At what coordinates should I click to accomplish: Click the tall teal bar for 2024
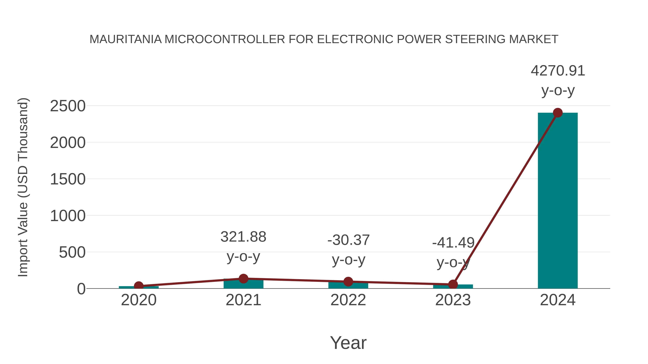tap(557, 201)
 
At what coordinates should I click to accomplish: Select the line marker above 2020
tap(139, 286)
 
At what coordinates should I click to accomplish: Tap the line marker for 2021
tap(243, 278)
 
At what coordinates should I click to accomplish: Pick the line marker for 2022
tap(348, 282)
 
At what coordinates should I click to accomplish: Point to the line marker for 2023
tap(453, 284)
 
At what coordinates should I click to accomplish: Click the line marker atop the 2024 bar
tap(558, 113)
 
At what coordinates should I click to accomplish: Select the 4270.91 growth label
tap(558, 71)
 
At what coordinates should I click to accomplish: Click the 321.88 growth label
tap(243, 237)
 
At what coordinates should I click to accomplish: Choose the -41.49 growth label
tap(453, 243)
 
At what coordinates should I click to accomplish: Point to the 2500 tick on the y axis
tap(68, 106)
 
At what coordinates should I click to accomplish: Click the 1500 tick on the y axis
tap(68, 179)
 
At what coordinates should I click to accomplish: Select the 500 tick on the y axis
tap(72, 253)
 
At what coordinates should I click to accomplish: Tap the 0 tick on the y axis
tap(81, 289)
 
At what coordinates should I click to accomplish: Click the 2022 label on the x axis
tap(348, 300)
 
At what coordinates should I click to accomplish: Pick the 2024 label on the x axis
tap(558, 300)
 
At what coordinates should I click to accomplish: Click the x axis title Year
tap(348, 343)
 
